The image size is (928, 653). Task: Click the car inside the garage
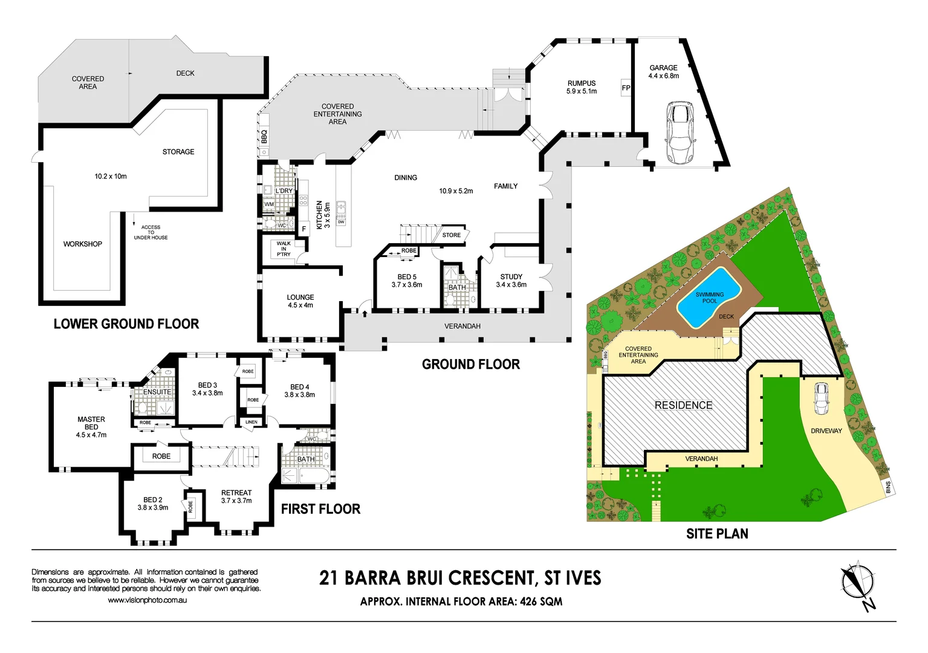(680, 134)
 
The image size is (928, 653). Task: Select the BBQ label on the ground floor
(264, 137)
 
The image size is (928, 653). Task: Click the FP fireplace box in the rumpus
(626, 88)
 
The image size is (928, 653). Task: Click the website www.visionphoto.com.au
(147, 600)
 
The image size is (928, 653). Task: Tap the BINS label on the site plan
(888, 487)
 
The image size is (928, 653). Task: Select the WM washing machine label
(269, 204)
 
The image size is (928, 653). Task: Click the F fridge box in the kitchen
(304, 229)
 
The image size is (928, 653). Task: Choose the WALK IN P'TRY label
(284, 249)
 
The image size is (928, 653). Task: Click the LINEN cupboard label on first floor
(251, 422)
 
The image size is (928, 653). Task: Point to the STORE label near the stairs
(451, 235)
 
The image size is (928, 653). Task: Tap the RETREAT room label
(236, 493)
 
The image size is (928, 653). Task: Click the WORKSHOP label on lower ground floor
(83, 244)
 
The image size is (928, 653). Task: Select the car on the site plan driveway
(821, 398)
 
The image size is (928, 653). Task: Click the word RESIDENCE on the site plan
(683, 405)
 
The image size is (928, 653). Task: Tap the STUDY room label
(511, 277)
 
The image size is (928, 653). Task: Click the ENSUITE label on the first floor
(157, 392)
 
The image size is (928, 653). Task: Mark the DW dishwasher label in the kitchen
(341, 222)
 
